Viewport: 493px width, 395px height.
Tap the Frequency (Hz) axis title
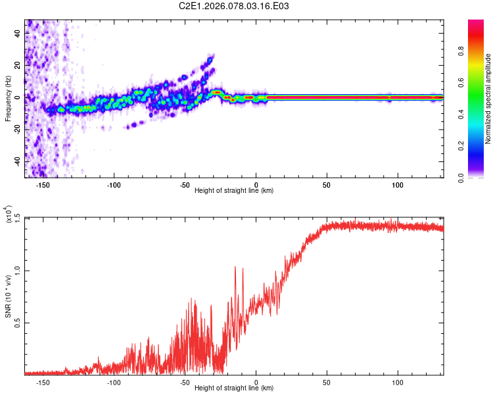point(7,98)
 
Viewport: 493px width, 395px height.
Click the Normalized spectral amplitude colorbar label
point(488,99)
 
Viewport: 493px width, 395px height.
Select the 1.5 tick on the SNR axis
point(18,217)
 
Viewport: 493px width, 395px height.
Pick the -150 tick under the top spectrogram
point(43,184)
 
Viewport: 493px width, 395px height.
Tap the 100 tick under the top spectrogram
point(397,184)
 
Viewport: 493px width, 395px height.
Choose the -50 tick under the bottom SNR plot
point(185,382)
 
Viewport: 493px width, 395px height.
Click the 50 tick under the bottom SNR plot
point(327,382)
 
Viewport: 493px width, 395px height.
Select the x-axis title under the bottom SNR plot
point(234,388)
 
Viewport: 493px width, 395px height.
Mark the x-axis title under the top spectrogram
point(234,191)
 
